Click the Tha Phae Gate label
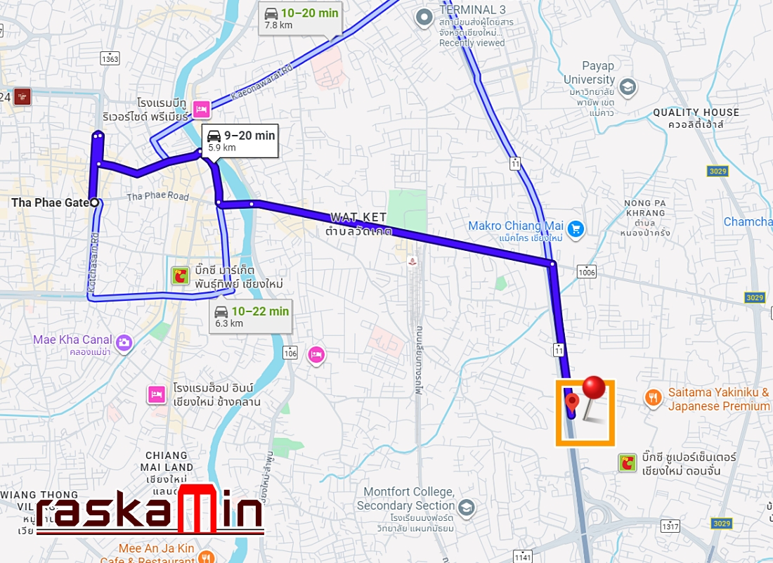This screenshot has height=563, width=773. coord(49,202)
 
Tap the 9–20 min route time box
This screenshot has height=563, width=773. coord(240,141)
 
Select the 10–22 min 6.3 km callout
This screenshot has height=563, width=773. coord(251,316)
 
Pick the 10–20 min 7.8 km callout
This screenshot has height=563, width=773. coord(301,18)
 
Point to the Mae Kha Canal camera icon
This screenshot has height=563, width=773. coord(124,342)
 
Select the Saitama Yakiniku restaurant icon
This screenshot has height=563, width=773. coord(654,399)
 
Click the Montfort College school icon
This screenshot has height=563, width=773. coord(466,507)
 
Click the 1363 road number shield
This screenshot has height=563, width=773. coord(110,58)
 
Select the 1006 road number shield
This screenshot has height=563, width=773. coord(586,271)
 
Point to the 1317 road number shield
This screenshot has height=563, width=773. coord(670,526)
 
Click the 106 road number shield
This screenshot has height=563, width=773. coord(291,353)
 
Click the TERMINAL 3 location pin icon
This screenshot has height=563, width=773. coord(423,16)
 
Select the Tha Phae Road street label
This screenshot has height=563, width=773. coord(157,197)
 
